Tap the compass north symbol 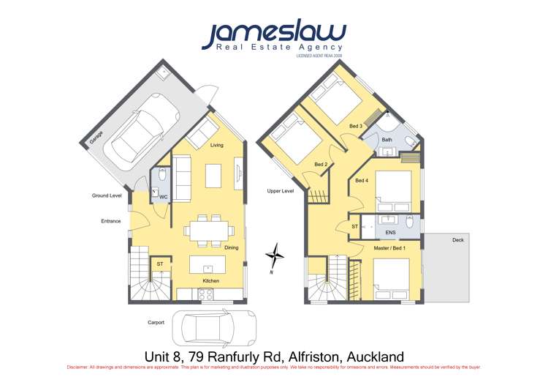click(x=275, y=257)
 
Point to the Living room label click(x=217, y=145)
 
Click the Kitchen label click(x=210, y=280)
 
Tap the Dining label click(x=231, y=247)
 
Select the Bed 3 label click(x=356, y=126)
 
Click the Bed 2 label click(x=321, y=164)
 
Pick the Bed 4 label click(x=361, y=180)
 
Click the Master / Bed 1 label click(x=389, y=247)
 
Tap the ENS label click(x=390, y=231)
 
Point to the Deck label click(x=457, y=239)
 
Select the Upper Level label click(x=281, y=190)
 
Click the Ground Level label click(x=107, y=195)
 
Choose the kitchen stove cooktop click(x=205, y=295)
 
